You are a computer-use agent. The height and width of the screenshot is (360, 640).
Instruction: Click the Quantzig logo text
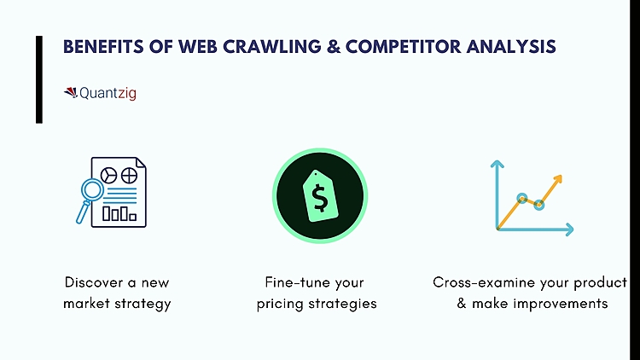click(108, 93)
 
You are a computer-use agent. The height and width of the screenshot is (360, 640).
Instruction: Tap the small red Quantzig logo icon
click(70, 92)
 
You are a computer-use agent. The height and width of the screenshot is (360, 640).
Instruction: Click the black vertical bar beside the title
click(39, 79)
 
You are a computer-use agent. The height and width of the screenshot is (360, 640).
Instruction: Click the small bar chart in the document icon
click(119, 212)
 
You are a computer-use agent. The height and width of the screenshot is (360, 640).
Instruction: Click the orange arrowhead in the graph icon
click(556, 180)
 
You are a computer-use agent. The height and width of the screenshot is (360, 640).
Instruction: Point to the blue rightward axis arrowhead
click(568, 229)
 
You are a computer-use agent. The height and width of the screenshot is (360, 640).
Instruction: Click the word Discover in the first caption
click(92, 282)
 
